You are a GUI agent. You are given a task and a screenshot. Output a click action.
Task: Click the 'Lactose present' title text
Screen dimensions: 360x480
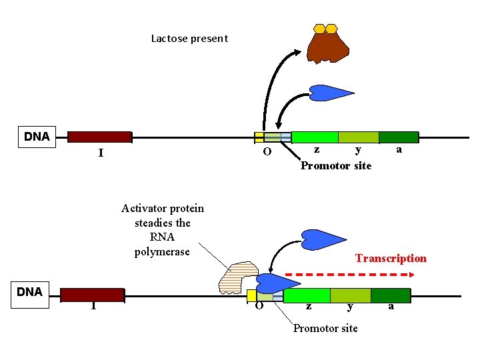coord(189,38)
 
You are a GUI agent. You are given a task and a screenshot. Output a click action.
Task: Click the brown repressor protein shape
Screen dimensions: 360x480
coord(328,47)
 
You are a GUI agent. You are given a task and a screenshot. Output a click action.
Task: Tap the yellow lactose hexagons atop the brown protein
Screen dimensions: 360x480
coord(326,29)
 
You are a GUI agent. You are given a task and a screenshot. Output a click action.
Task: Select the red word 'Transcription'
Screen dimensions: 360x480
coord(391,258)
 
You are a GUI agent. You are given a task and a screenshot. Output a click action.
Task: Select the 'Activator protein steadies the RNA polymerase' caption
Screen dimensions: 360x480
coord(163,230)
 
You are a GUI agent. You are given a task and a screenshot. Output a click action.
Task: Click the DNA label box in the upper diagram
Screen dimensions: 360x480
coord(37,137)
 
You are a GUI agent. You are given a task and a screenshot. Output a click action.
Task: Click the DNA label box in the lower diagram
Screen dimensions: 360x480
coord(29,291)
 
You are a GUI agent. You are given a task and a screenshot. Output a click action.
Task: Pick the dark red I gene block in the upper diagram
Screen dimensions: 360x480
coord(99,137)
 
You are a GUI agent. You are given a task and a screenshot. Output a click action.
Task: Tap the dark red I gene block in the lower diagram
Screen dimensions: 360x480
coord(93,295)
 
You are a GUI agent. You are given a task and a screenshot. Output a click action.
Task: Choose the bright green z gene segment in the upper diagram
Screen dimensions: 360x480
coord(315,137)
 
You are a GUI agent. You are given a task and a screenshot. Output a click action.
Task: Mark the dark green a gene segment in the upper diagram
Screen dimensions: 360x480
coord(399,137)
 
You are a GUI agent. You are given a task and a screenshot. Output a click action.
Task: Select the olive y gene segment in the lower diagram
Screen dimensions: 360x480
coord(350,295)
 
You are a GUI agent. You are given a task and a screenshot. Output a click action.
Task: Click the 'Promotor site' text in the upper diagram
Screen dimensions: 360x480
coord(336,165)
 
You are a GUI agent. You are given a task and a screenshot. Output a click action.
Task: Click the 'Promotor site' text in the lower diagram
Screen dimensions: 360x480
coord(325,328)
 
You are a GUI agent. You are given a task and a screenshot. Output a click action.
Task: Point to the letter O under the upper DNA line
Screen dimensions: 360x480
coord(267,152)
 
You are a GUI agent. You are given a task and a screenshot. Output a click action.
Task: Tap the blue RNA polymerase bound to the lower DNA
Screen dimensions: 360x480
coord(270,283)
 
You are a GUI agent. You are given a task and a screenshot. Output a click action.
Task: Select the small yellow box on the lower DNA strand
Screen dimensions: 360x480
coord(251,295)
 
